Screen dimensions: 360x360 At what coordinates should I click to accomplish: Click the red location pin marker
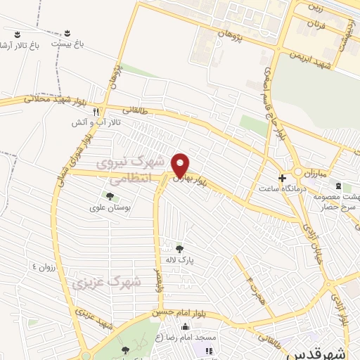(x=181, y=165)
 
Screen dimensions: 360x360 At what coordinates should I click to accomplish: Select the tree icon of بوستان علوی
(x=110, y=195)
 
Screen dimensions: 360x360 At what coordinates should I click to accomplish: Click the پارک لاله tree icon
(x=179, y=247)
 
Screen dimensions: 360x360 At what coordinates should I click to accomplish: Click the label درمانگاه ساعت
(x=280, y=188)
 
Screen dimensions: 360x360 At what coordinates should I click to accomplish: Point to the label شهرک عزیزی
(x=105, y=283)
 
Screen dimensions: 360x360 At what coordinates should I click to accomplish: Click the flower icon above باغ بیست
(x=67, y=33)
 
